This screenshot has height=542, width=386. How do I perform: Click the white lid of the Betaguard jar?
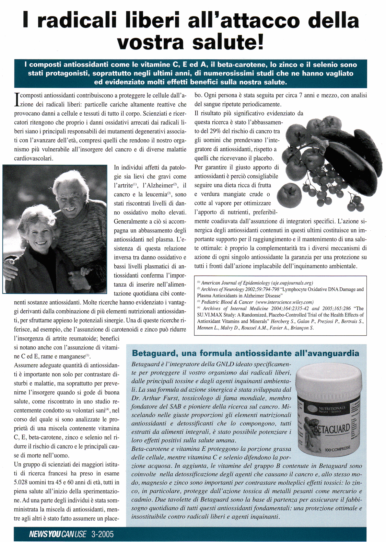(329, 380)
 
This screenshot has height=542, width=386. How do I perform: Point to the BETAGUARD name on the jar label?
(332, 429)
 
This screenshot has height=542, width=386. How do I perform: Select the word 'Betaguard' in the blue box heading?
(151, 353)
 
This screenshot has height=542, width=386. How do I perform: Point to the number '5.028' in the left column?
(22, 482)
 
